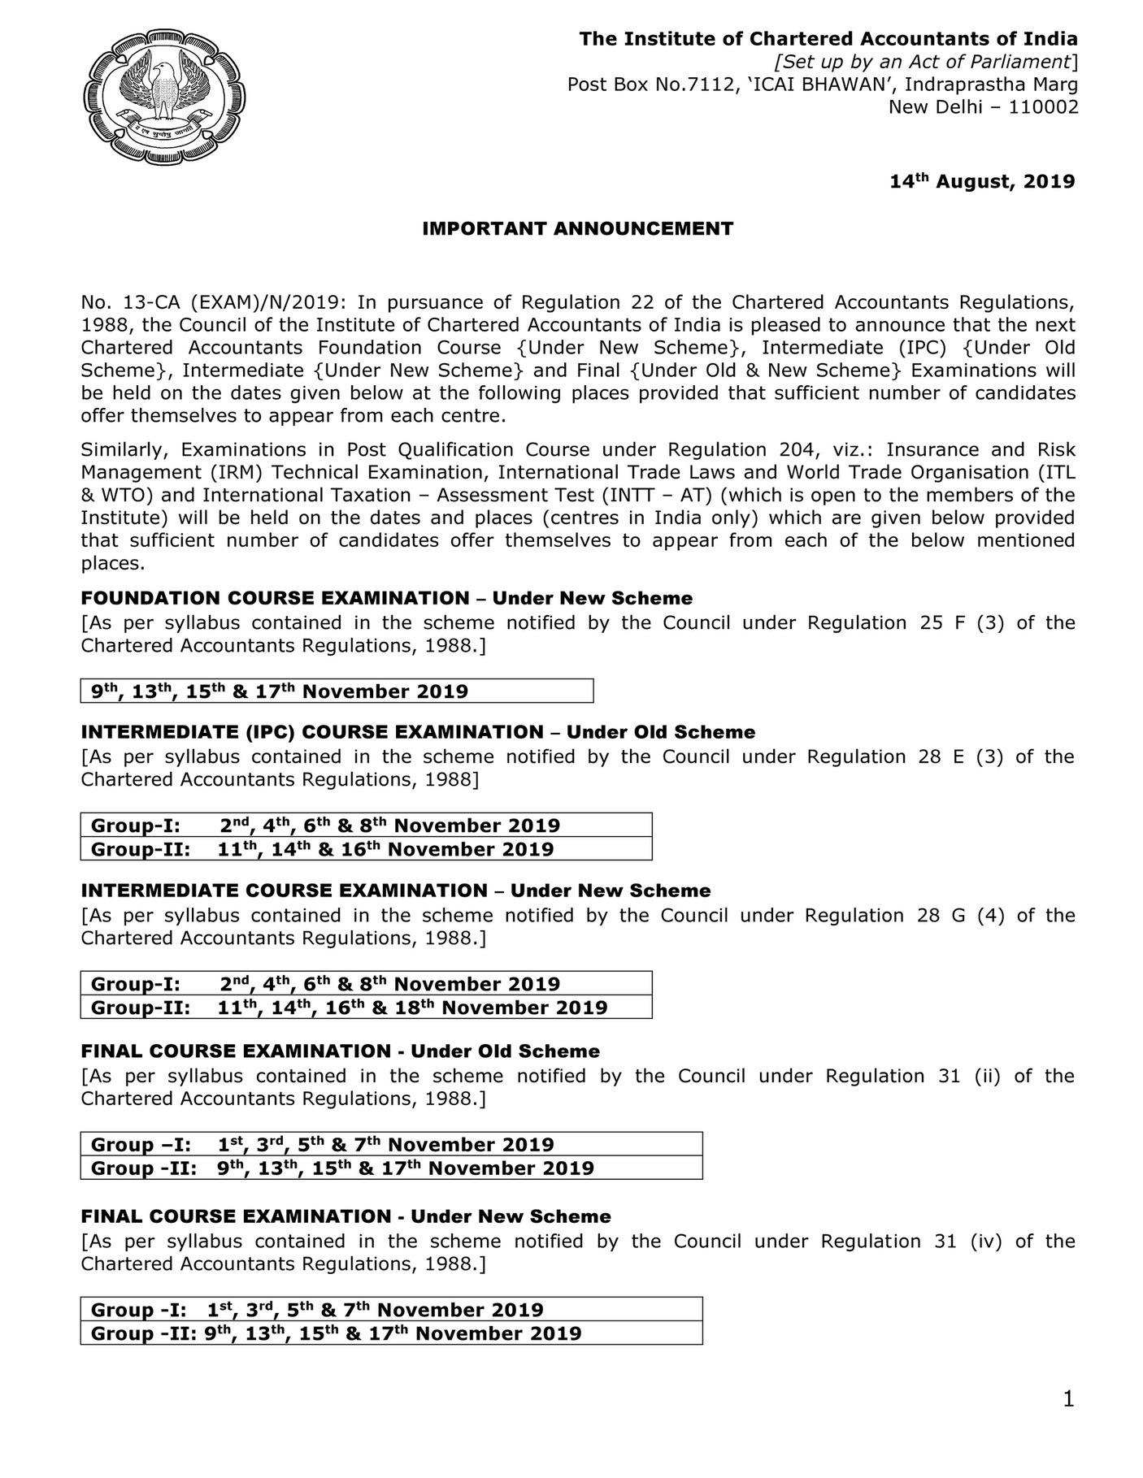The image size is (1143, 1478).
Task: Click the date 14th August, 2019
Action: click(982, 181)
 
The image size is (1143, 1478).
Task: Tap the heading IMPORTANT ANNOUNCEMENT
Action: click(577, 229)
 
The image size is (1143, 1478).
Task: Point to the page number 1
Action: click(1068, 1422)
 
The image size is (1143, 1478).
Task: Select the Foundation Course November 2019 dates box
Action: click(337, 691)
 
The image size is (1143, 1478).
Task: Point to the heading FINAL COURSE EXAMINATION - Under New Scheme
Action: click(346, 1216)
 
